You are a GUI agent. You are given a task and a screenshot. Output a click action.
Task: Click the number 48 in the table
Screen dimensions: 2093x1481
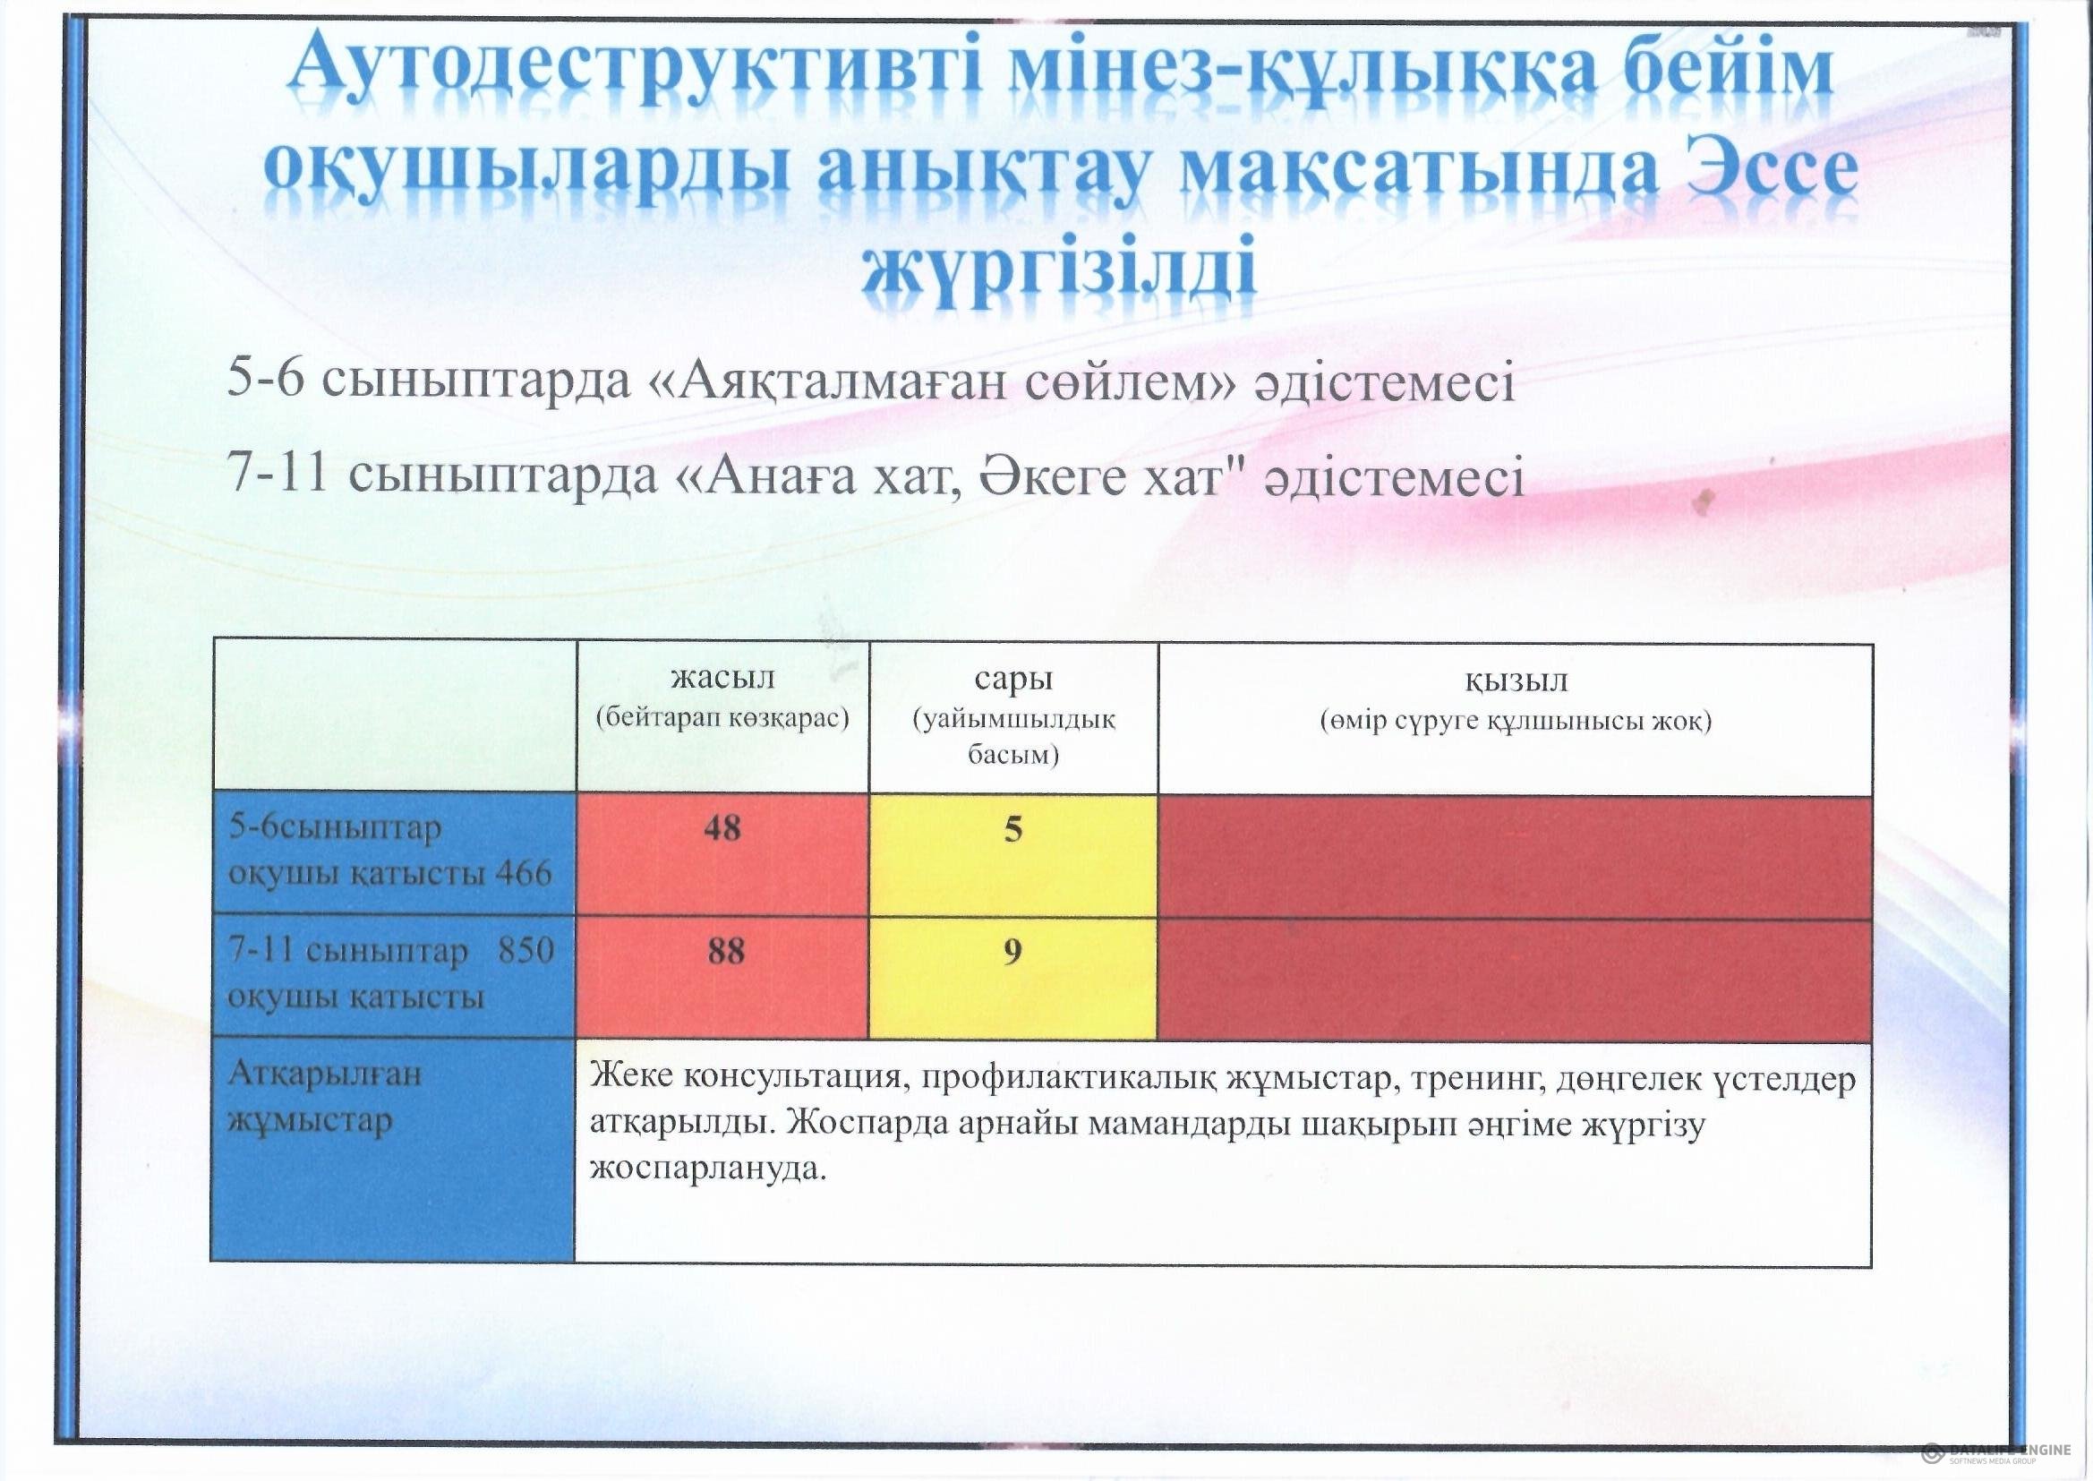coord(722,828)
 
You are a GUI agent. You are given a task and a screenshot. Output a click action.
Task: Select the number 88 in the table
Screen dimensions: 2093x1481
coord(726,951)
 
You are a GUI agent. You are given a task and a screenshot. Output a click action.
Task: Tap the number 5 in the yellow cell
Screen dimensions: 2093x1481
coord(1012,829)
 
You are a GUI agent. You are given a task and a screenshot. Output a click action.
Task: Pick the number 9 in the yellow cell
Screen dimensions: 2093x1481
coord(1012,951)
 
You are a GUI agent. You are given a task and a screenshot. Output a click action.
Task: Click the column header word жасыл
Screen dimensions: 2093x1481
coord(723,678)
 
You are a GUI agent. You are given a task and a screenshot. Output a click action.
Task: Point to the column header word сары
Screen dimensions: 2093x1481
coord(1013,680)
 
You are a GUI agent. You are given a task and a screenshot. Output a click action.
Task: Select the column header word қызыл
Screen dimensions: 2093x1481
coord(1516,681)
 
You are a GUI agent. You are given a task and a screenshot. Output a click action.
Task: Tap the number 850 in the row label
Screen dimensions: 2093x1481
coord(526,949)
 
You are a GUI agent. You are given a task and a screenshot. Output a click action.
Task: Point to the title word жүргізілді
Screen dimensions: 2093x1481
coord(1059,269)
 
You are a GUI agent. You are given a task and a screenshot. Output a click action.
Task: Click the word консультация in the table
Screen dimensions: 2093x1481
coord(793,1078)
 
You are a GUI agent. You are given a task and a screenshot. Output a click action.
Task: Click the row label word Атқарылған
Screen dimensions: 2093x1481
coord(325,1074)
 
